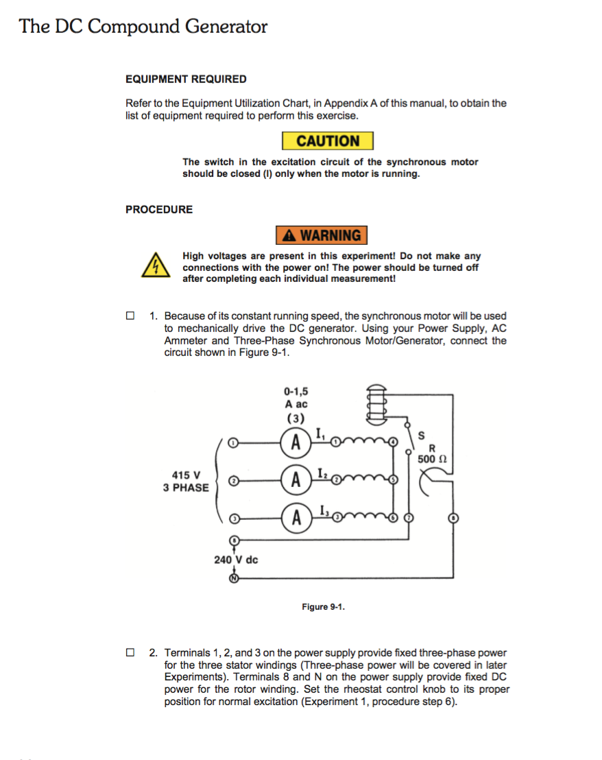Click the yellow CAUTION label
(x=328, y=141)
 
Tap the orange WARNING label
(x=322, y=235)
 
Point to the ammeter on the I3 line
(x=296, y=517)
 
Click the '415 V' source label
(x=186, y=475)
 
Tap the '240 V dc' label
(x=236, y=560)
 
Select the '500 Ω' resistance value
(x=433, y=459)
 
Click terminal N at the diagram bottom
(x=234, y=578)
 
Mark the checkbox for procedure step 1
(x=130, y=316)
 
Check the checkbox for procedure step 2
(x=130, y=652)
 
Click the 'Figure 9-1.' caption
(x=323, y=607)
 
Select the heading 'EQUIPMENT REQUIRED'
(x=186, y=80)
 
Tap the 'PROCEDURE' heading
(x=159, y=210)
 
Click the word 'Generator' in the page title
(x=226, y=27)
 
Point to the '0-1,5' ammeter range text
(x=296, y=392)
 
